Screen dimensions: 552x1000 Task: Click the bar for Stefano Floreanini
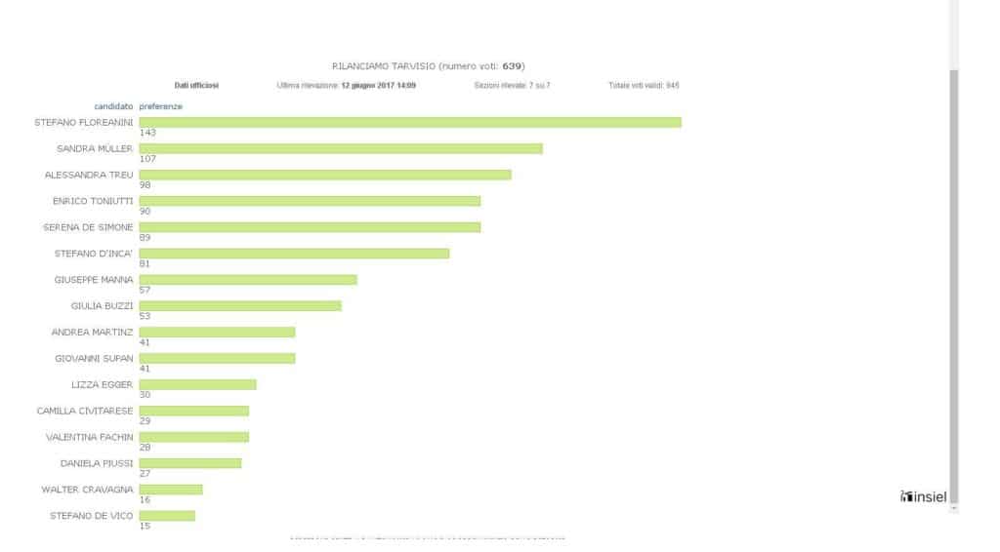410,122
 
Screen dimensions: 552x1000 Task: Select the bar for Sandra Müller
341,148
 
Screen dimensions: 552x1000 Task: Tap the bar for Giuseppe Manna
248,279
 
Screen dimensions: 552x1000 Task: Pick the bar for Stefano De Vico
167,515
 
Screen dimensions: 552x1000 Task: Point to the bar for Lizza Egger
197,384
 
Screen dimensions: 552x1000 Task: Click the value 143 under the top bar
147,133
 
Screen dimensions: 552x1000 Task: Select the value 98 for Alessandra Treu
146,185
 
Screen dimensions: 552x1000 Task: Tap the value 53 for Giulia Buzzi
146,316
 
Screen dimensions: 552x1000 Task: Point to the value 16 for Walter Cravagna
146,499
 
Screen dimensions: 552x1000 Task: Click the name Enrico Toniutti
93,201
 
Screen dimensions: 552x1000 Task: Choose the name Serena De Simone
88,227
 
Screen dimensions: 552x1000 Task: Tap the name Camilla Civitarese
85,411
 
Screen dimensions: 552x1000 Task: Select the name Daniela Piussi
97,463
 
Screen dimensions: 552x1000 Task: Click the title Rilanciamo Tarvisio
384,66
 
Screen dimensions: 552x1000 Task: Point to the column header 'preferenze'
160,106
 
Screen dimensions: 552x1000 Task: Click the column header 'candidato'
113,106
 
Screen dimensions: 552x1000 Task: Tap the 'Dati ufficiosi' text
196,86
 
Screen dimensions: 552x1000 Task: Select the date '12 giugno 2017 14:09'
378,86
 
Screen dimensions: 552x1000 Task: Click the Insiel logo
923,497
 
